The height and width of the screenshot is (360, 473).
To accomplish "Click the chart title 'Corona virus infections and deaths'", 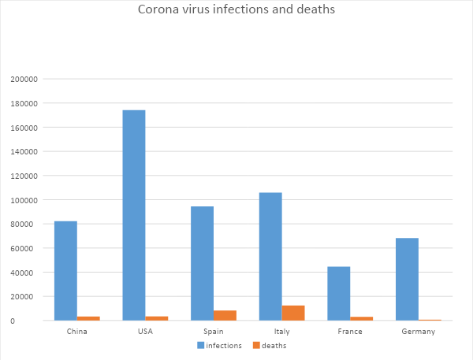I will click(236, 10).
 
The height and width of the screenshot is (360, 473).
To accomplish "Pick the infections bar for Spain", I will click(202, 263).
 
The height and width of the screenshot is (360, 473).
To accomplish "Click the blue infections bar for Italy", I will click(270, 256).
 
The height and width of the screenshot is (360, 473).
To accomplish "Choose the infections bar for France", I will click(339, 293).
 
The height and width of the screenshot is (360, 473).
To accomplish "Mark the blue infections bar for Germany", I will click(407, 279).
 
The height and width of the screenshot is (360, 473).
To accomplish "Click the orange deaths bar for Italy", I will click(293, 313).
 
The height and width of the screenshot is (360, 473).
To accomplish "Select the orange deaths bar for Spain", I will click(225, 315).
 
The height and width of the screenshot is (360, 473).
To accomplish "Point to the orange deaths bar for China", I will click(88, 318).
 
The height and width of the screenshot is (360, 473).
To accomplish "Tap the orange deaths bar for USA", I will click(157, 318).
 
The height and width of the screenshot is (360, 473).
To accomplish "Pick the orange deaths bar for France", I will click(362, 318).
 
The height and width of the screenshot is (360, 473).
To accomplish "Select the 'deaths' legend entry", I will click(270, 346).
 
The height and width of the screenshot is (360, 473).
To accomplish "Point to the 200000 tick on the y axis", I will click(23, 80).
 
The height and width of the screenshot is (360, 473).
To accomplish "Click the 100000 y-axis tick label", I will click(23, 200).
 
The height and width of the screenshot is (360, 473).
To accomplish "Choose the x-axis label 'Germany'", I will click(418, 332).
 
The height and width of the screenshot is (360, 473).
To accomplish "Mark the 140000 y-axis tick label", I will click(23, 152).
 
